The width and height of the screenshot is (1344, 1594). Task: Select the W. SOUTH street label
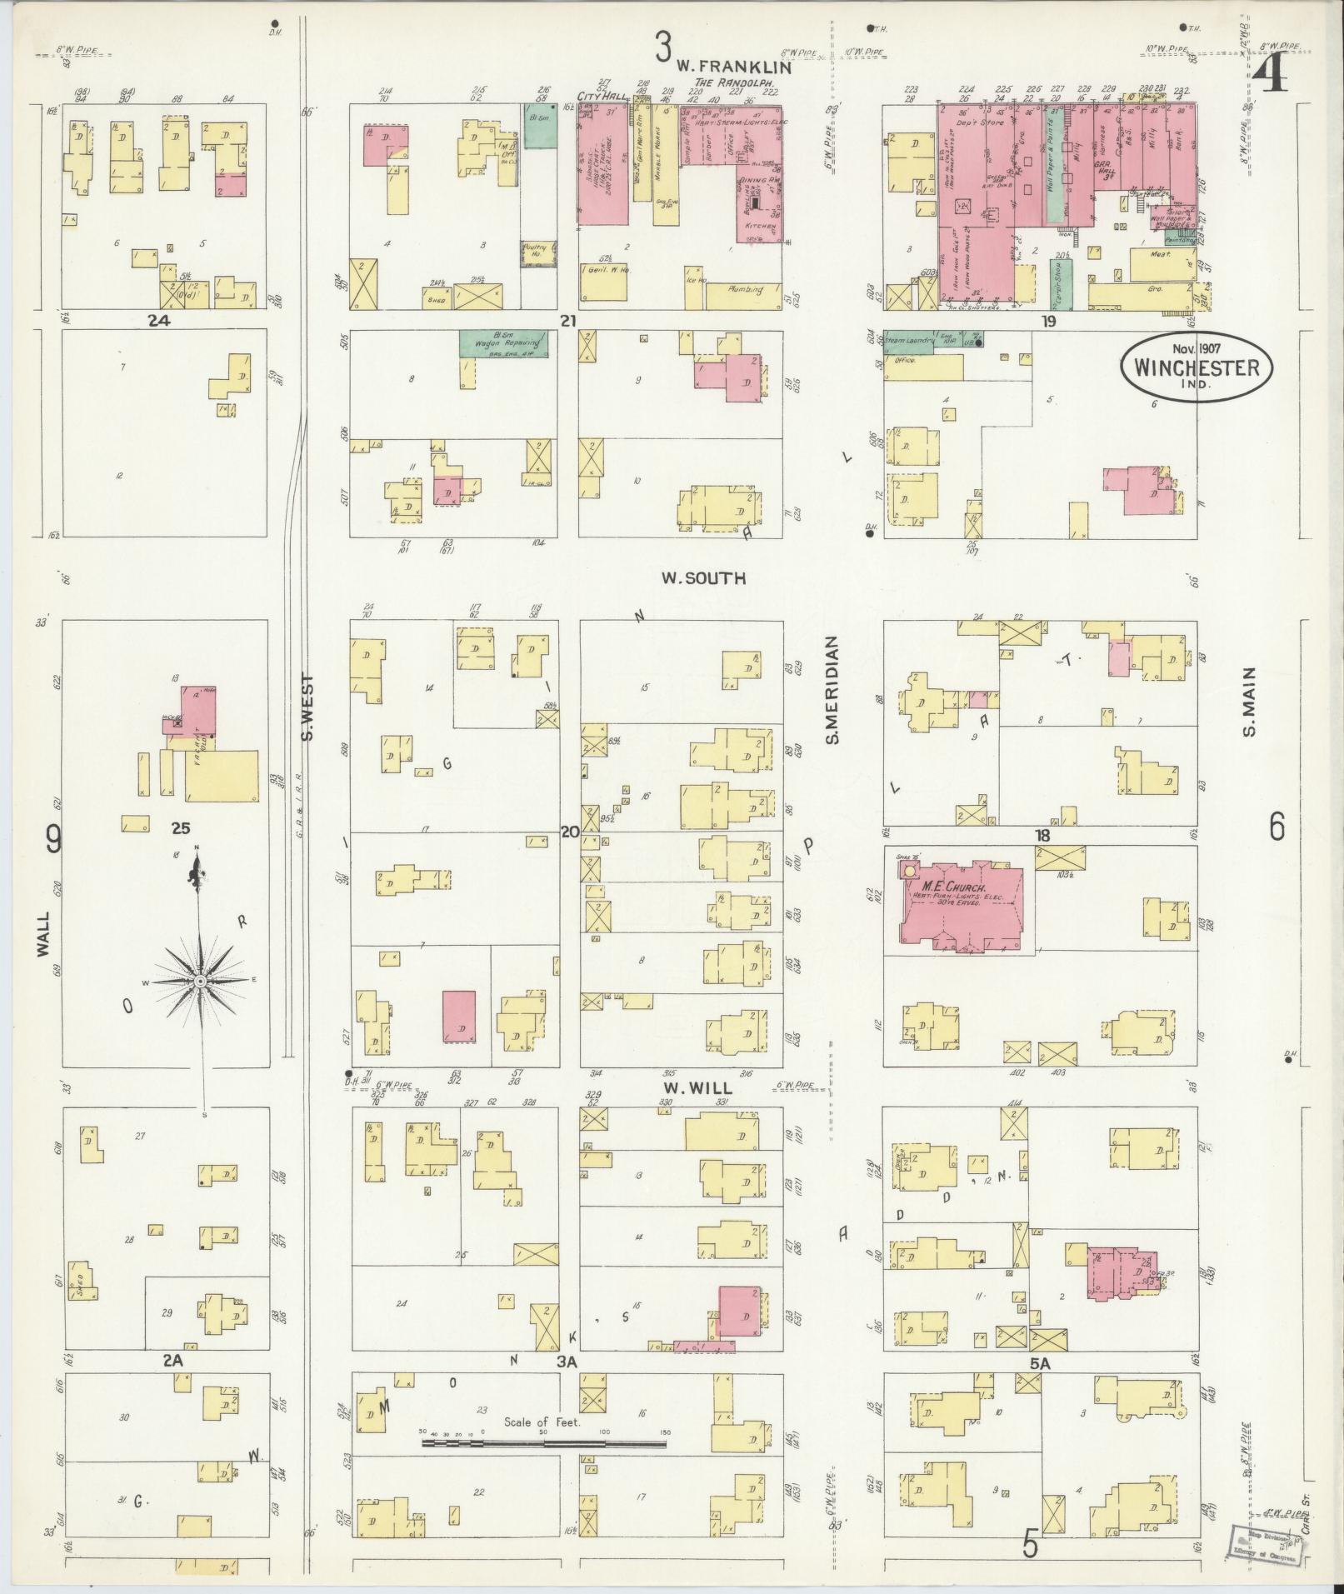(x=703, y=577)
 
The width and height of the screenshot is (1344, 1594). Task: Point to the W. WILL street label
(x=697, y=1088)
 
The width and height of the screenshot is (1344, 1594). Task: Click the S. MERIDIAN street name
(x=831, y=691)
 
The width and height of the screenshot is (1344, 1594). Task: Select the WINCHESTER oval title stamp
(x=1196, y=368)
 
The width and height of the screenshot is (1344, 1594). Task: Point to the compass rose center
(x=200, y=982)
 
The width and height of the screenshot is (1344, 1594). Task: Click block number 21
(x=569, y=320)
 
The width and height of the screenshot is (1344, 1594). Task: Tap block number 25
(x=182, y=828)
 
